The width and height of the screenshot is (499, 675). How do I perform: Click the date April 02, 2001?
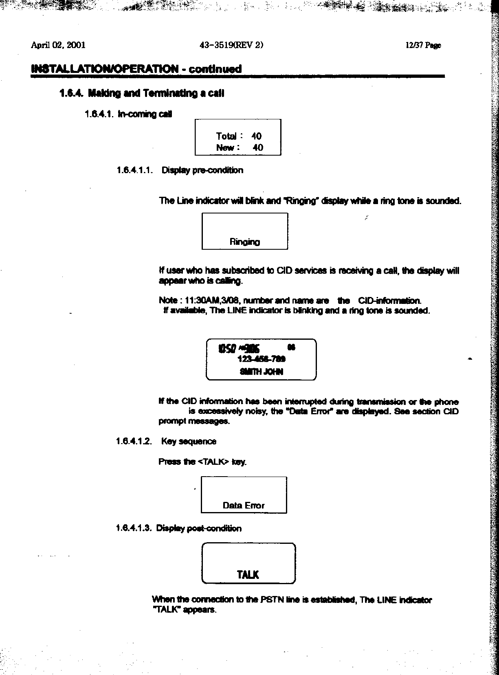pyautogui.click(x=58, y=45)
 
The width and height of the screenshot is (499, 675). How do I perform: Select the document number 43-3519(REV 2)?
pyautogui.click(x=231, y=45)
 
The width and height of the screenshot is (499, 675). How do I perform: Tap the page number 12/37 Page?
pyautogui.click(x=423, y=46)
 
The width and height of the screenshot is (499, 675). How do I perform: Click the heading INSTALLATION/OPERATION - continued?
pyautogui.click(x=136, y=69)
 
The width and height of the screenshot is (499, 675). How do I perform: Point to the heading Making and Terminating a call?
pyautogui.click(x=156, y=94)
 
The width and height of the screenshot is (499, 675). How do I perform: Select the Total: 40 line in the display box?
pyautogui.click(x=238, y=136)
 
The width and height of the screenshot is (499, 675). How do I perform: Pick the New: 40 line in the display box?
pyautogui.click(x=239, y=147)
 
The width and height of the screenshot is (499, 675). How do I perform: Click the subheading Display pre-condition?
pyautogui.click(x=202, y=170)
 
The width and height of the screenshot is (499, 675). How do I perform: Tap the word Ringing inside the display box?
pyautogui.click(x=244, y=242)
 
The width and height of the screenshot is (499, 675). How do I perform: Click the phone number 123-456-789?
pyautogui.click(x=261, y=359)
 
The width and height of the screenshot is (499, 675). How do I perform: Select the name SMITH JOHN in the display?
pyautogui.click(x=262, y=372)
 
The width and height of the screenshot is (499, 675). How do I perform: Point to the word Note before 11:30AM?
pyautogui.click(x=168, y=301)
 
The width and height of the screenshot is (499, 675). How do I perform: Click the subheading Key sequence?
pyautogui.click(x=189, y=442)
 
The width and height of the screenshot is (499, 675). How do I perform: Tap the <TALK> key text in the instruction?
pyautogui.click(x=213, y=462)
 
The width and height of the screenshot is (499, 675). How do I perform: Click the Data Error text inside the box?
pyautogui.click(x=244, y=506)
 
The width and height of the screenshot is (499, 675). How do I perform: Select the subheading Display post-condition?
pyautogui.click(x=199, y=528)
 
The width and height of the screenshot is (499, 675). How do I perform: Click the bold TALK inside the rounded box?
pyautogui.click(x=248, y=575)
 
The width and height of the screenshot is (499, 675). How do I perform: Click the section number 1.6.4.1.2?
pyautogui.click(x=134, y=442)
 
